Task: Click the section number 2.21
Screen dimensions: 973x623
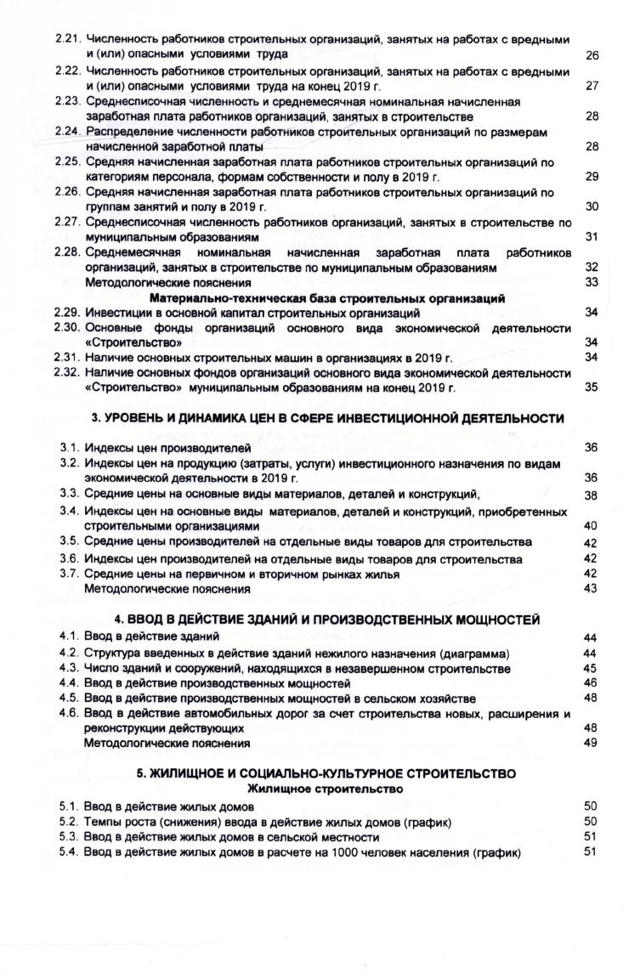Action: coord(68,40)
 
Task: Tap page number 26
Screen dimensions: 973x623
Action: coord(592,54)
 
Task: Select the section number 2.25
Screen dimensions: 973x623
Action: coord(68,162)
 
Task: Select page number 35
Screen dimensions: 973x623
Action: coord(592,388)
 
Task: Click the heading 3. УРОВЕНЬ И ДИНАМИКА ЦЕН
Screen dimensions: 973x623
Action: coord(327,418)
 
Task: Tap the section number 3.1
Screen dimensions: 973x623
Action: coord(70,447)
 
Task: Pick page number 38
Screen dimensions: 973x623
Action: coord(592,495)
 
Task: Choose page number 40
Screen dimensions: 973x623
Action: coord(592,526)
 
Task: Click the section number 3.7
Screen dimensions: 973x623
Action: coord(70,574)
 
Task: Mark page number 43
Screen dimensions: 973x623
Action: coord(592,589)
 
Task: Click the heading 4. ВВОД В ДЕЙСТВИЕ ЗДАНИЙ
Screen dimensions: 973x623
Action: coord(327,619)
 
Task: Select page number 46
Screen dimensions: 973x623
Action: coord(592,682)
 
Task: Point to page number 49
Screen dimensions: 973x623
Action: coord(592,743)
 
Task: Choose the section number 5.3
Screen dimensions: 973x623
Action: coord(70,837)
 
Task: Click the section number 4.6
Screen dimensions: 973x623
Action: coord(70,714)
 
